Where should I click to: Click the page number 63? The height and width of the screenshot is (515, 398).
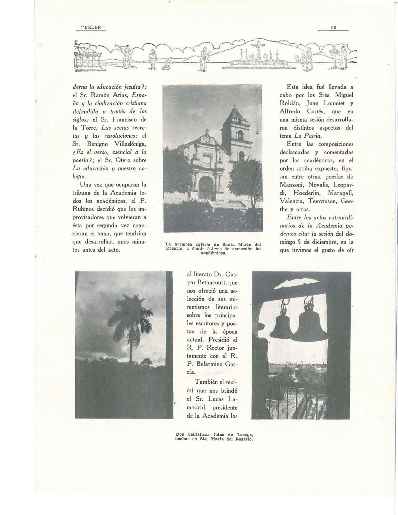point(333,27)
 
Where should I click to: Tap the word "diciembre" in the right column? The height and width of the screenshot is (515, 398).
point(319,241)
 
